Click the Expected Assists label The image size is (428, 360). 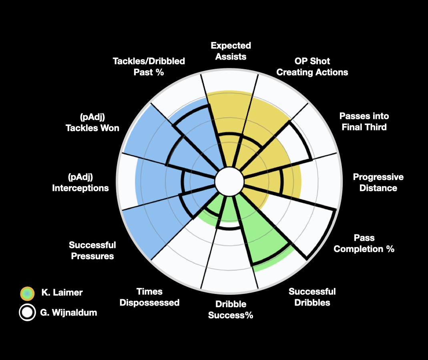point(231,51)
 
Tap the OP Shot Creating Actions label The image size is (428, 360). point(312,67)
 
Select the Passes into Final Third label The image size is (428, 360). point(364,122)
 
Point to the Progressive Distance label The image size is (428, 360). point(378,182)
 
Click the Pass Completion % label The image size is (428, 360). point(364,243)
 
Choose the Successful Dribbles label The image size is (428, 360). point(312,297)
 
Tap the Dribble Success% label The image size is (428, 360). point(231,310)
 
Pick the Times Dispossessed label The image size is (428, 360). point(149,297)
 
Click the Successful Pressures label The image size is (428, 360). point(92,250)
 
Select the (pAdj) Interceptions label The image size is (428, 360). point(80,182)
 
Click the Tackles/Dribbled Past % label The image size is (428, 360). point(149,67)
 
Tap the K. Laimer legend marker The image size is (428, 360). point(27,293)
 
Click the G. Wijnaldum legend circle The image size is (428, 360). point(27,312)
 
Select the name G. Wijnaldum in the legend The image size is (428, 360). point(68,312)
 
